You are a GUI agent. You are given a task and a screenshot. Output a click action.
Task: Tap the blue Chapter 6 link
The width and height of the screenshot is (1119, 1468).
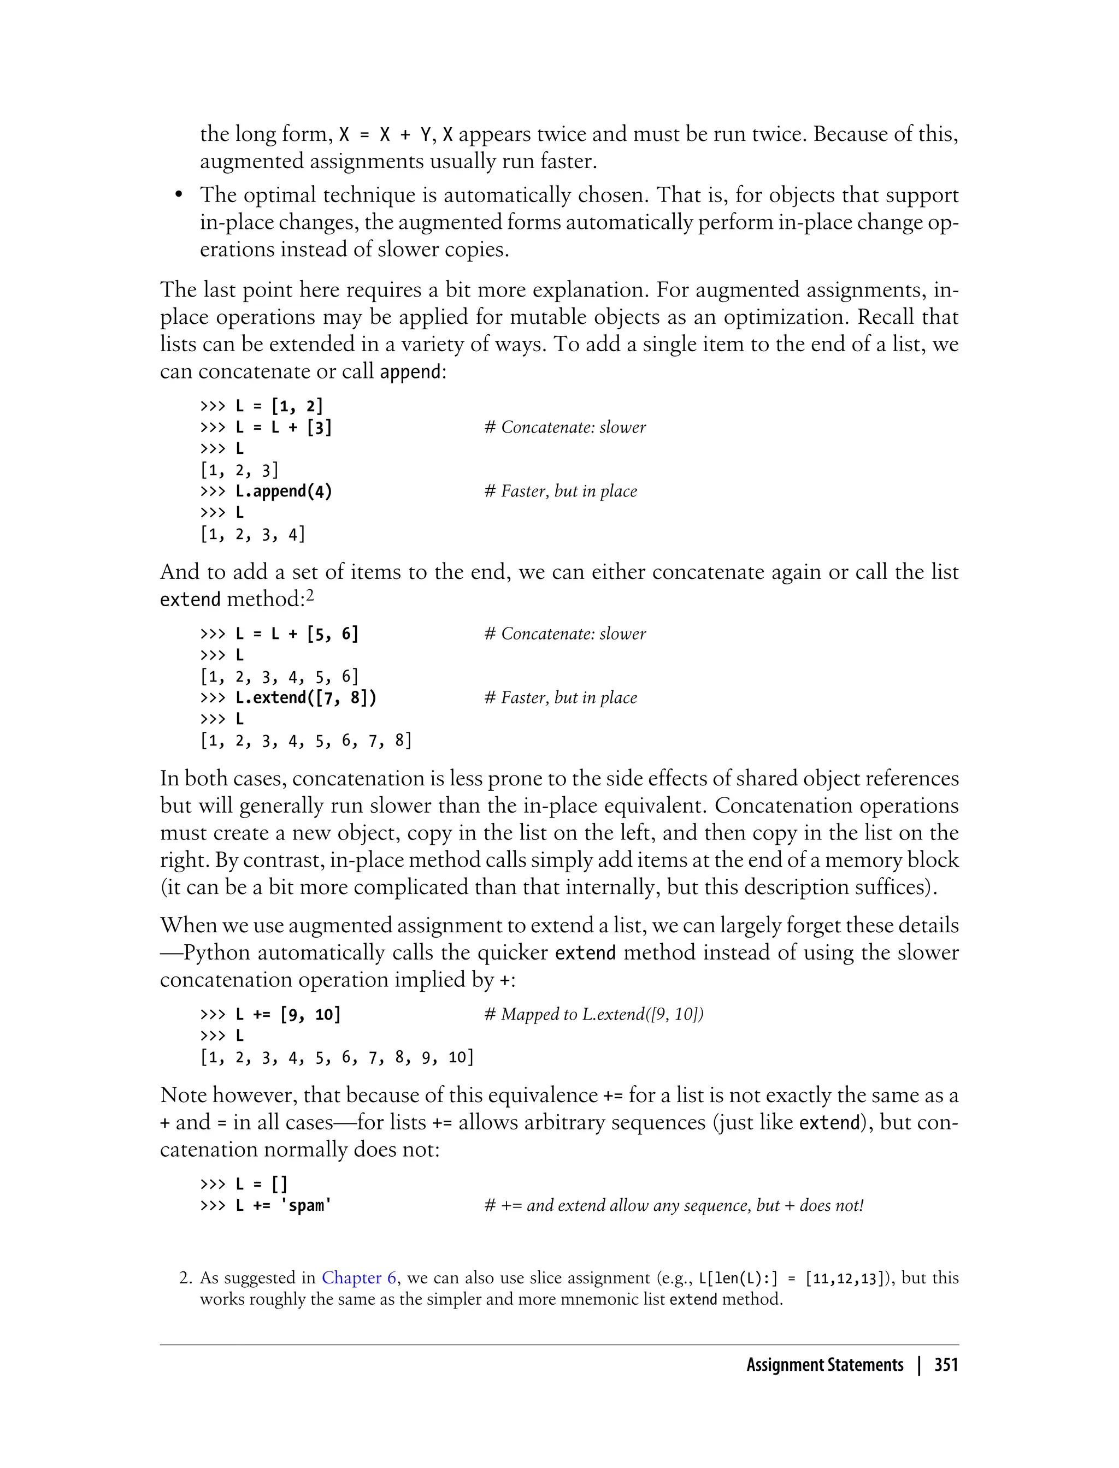pyautogui.click(x=359, y=1277)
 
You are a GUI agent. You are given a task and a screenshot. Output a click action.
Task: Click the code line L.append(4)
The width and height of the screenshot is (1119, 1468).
pyautogui.click(x=283, y=492)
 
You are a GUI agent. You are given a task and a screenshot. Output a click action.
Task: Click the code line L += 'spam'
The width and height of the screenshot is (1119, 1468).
pyautogui.click(x=283, y=1205)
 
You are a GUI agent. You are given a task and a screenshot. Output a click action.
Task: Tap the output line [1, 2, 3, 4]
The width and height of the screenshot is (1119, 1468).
pyautogui.click(x=252, y=534)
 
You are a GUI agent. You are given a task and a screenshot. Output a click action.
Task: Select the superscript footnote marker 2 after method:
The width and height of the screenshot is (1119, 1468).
pyautogui.click(x=309, y=595)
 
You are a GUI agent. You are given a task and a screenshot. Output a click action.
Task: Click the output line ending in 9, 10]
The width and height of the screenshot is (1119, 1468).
pyautogui.click(x=337, y=1057)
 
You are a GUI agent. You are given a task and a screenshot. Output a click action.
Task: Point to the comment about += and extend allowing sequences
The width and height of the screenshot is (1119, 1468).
pyautogui.click(x=673, y=1205)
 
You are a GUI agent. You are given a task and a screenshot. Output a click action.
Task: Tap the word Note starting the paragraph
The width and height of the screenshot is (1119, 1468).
pyautogui.click(x=183, y=1095)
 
